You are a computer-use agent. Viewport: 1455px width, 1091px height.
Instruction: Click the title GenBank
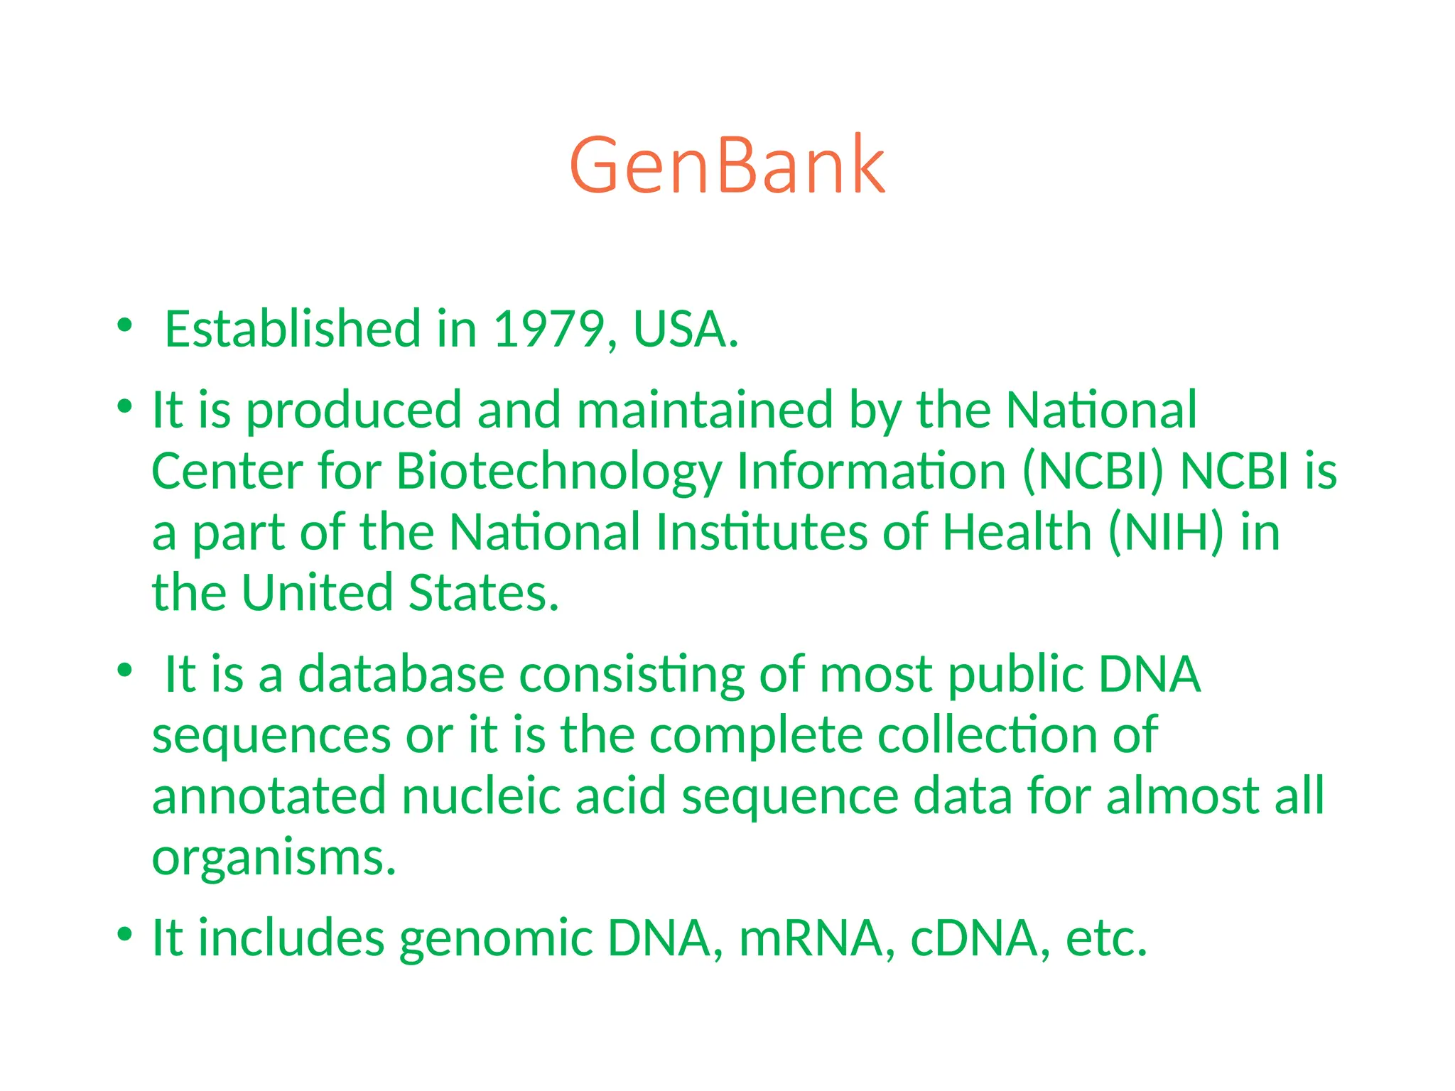727,165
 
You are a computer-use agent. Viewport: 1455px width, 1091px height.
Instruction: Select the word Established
293,330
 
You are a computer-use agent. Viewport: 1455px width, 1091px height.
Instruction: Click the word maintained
705,410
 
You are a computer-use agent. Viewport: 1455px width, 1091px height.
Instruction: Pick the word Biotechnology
558,471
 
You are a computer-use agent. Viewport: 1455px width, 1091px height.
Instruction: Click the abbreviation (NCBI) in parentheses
1093,471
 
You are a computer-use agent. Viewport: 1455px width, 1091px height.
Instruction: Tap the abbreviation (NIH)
1166,532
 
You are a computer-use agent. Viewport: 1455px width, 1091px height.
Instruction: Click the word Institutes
761,532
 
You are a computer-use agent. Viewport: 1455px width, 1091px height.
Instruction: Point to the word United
316,593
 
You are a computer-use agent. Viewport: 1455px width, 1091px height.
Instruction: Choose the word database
401,674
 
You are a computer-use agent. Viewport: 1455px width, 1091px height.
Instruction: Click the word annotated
269,796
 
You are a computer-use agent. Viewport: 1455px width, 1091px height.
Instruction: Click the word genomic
495,939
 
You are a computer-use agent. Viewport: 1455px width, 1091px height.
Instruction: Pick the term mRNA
811,939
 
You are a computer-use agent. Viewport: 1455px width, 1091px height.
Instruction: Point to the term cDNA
973,939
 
